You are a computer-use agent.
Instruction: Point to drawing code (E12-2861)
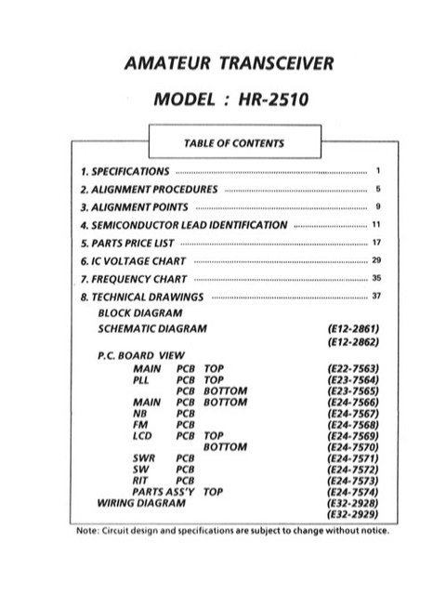coord(349,329)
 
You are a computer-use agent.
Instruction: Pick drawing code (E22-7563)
coord(349,369)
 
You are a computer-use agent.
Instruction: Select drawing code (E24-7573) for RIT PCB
coord(349,481)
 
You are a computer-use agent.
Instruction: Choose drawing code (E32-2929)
coord(349,514)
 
